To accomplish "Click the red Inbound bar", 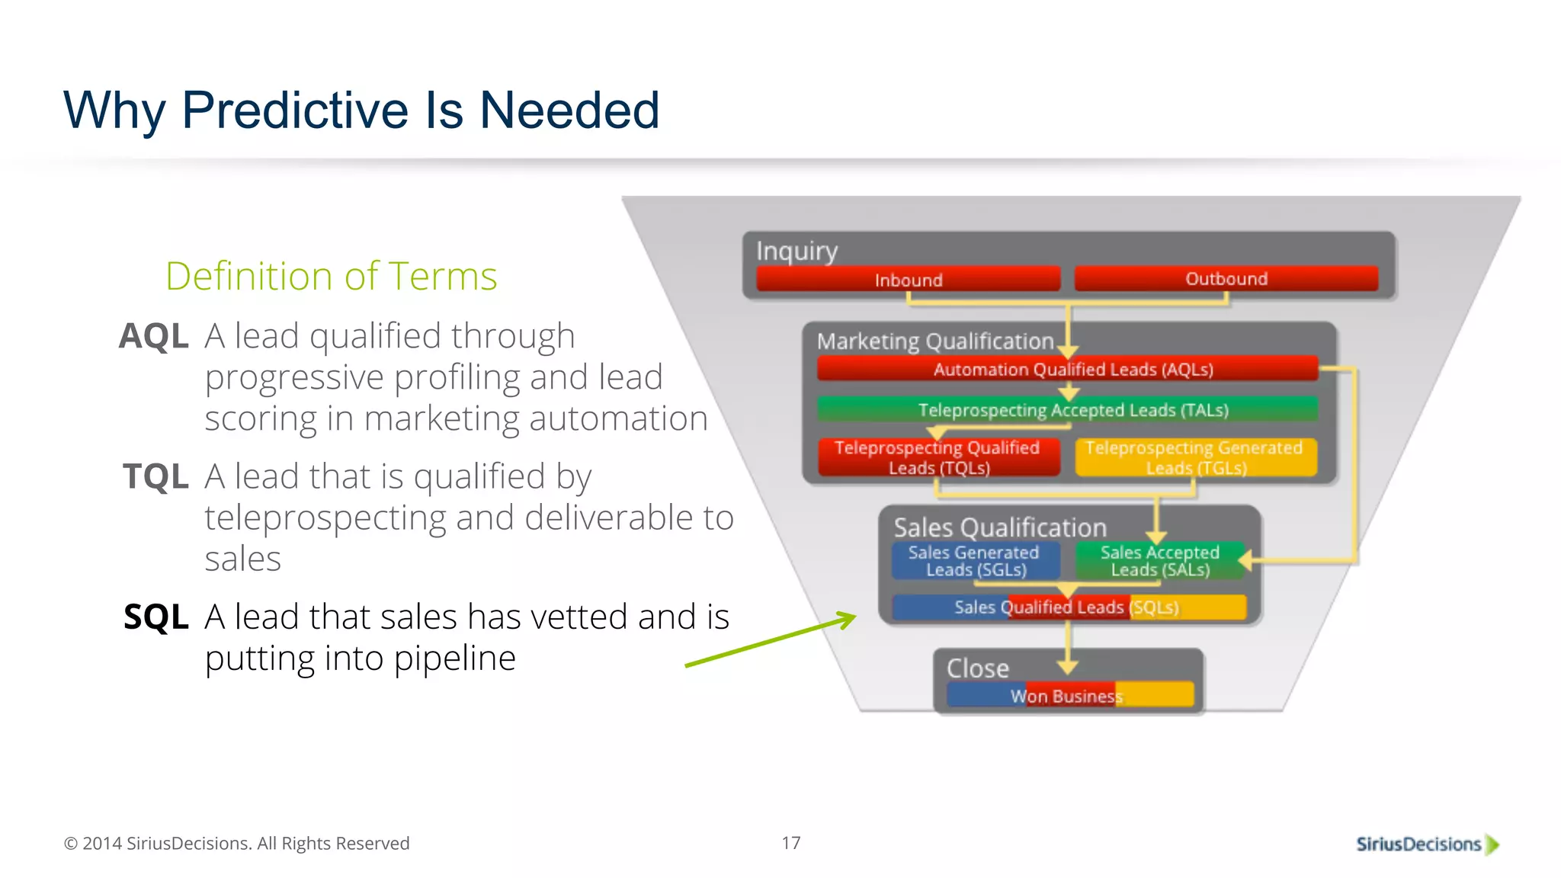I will tap(908, 280).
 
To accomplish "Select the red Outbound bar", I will tap(1226, 279).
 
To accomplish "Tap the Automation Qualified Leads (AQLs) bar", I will tap(1067, 370).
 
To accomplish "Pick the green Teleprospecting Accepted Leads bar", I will tap(1067, 410).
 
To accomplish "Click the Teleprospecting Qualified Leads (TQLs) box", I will tap(938, 457).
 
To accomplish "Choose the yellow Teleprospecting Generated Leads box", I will tap(1195, 457).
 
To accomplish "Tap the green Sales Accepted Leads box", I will tap(1159, 561).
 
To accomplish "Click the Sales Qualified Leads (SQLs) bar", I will tap(1067, 607).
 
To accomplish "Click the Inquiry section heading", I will tap(797, 251).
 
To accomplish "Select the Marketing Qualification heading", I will tap(934, 341).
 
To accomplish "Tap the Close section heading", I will tap(978, 668).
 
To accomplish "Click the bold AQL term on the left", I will tap(154, 336).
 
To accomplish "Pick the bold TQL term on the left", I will tap(155, 476).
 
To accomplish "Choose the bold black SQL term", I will tap(155, 617).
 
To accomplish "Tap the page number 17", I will tap(790, 843).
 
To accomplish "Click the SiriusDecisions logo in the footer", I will tap(1426, 844).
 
